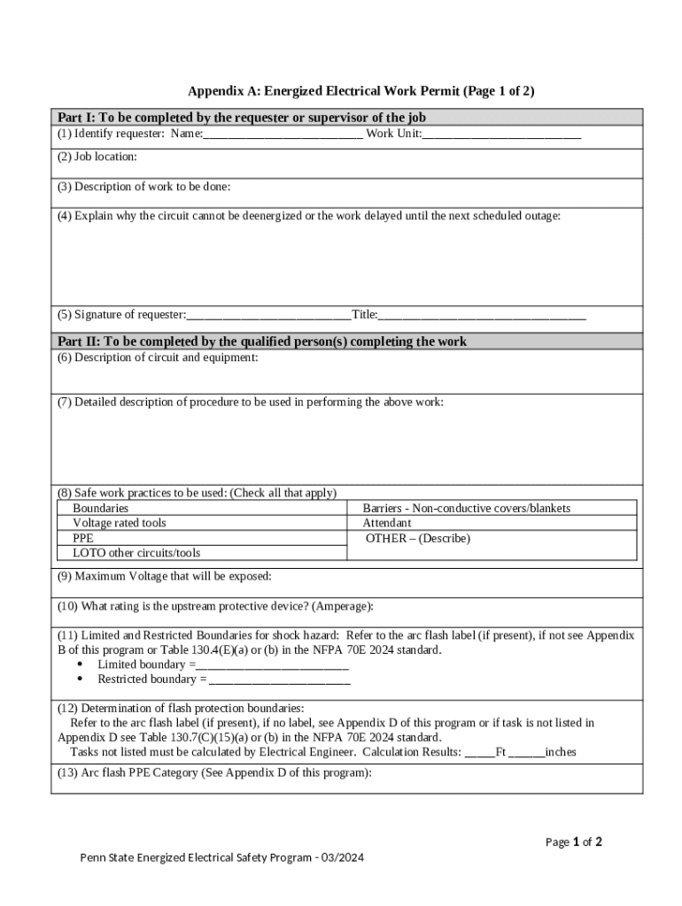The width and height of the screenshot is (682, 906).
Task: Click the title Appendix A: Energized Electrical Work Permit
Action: (x=360, y=91)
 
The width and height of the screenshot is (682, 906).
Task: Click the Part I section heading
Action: (x=242, y=118)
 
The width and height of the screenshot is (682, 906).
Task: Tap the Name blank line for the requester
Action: (x=283, y=134)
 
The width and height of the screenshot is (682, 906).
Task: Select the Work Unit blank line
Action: (x=501, y=134)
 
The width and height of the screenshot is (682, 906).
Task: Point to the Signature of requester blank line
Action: (x=268, y=315)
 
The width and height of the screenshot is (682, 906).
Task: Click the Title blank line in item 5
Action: (x=482, y=315)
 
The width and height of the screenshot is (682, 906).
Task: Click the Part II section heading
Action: (x=262, y=342)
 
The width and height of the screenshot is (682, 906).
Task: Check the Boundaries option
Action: (x=100, y=509)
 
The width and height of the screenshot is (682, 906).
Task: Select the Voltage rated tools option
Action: (x=119, y=524)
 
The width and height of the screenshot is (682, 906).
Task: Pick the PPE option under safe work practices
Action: (x=82, y=538)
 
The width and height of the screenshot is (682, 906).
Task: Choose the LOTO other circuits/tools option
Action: (x=136, y=553)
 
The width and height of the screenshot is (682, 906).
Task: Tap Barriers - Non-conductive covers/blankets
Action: (x=466, y=509)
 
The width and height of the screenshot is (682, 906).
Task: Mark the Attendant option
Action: (x=387, y=524)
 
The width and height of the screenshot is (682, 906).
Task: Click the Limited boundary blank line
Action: (x=266, y=664)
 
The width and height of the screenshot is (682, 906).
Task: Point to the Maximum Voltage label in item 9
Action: (x=165, y=576)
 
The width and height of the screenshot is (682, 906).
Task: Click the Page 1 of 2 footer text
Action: (x=573, y=842)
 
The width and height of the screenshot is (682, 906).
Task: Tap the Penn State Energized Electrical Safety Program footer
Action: (x=222, y=857)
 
